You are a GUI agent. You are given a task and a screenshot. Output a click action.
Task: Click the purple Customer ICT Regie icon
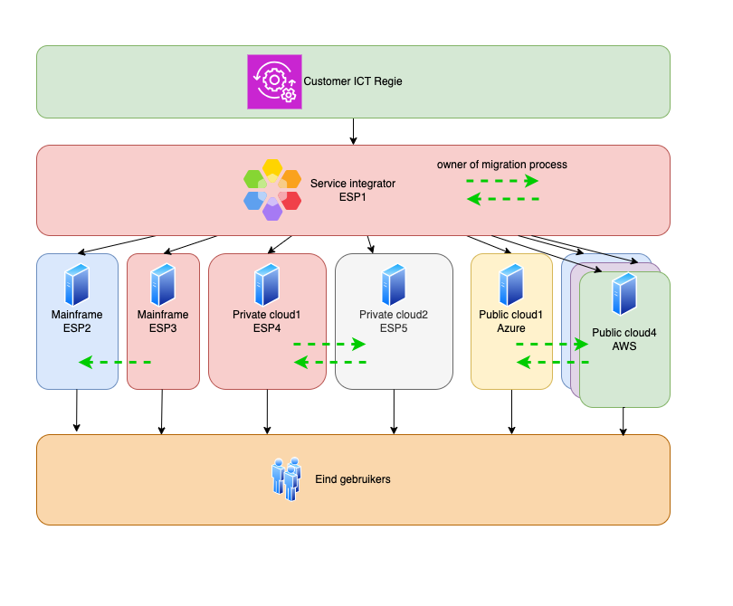tap(274, 81)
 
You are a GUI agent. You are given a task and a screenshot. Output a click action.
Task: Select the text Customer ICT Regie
tap(353, 81)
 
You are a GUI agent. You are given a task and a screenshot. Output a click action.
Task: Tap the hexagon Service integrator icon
tap(272, 189)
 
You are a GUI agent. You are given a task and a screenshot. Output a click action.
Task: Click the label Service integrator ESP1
tap(353, 189)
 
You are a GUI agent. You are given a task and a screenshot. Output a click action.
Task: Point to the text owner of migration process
tap(502, 165)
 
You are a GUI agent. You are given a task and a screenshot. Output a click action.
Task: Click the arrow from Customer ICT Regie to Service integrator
tap(353, 131)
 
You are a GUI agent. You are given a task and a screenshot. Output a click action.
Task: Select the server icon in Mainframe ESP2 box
tap(77, 284)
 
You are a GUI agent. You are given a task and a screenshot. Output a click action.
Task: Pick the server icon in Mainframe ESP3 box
tap(163, 284)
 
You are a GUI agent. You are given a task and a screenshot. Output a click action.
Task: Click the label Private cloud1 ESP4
tap(266, 321)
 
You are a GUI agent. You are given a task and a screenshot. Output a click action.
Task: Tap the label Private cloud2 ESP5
tap(394, 321)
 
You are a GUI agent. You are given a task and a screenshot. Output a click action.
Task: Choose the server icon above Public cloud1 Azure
tap(511, 284)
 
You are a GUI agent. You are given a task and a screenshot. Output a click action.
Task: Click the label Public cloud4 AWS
tap(624, 339)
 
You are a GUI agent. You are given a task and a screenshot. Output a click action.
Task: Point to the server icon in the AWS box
tap(624, 294)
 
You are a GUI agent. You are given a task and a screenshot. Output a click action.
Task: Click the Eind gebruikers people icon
tap(287, 478)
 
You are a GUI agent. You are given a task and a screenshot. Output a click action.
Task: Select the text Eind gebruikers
tap(353, 478)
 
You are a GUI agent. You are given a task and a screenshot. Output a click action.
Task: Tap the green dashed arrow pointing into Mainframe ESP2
tap(114, 362)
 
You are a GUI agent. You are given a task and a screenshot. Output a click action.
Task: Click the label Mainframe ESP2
tap(77, 321)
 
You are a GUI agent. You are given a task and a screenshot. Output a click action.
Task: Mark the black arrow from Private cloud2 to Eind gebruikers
tap(394, 412)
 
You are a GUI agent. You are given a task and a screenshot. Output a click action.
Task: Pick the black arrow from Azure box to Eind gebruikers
tap(511, 412)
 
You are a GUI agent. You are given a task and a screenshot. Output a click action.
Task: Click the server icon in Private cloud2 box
tap(394, 284)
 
